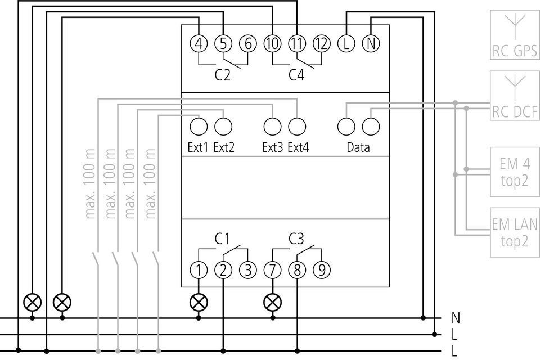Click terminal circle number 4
[x=199, y=44]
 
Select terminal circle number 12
[x=322, y=44]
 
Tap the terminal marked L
[x=346, y=44]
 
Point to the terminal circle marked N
[x=371, y=44]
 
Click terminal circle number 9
[x=322, y=270]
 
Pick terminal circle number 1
[x=199, y=270]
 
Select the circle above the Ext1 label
[x=199, y=127]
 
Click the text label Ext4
[x=298, y=147]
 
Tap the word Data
[x=358, y=147]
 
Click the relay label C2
[x=223, y=75]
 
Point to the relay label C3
[x=296, y=238]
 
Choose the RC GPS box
[x=515, y=35]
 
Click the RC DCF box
[x=515, y=96]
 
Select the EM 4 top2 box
[x=515, y=172]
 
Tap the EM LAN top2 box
[x=515, y=232]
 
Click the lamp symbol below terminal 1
[x=199, y=303]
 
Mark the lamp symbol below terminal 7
[x=273, y=303]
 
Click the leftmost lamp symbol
[x=33, y=303]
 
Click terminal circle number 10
[x=273, y=44]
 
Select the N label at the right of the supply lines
[x=456, y=318]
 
